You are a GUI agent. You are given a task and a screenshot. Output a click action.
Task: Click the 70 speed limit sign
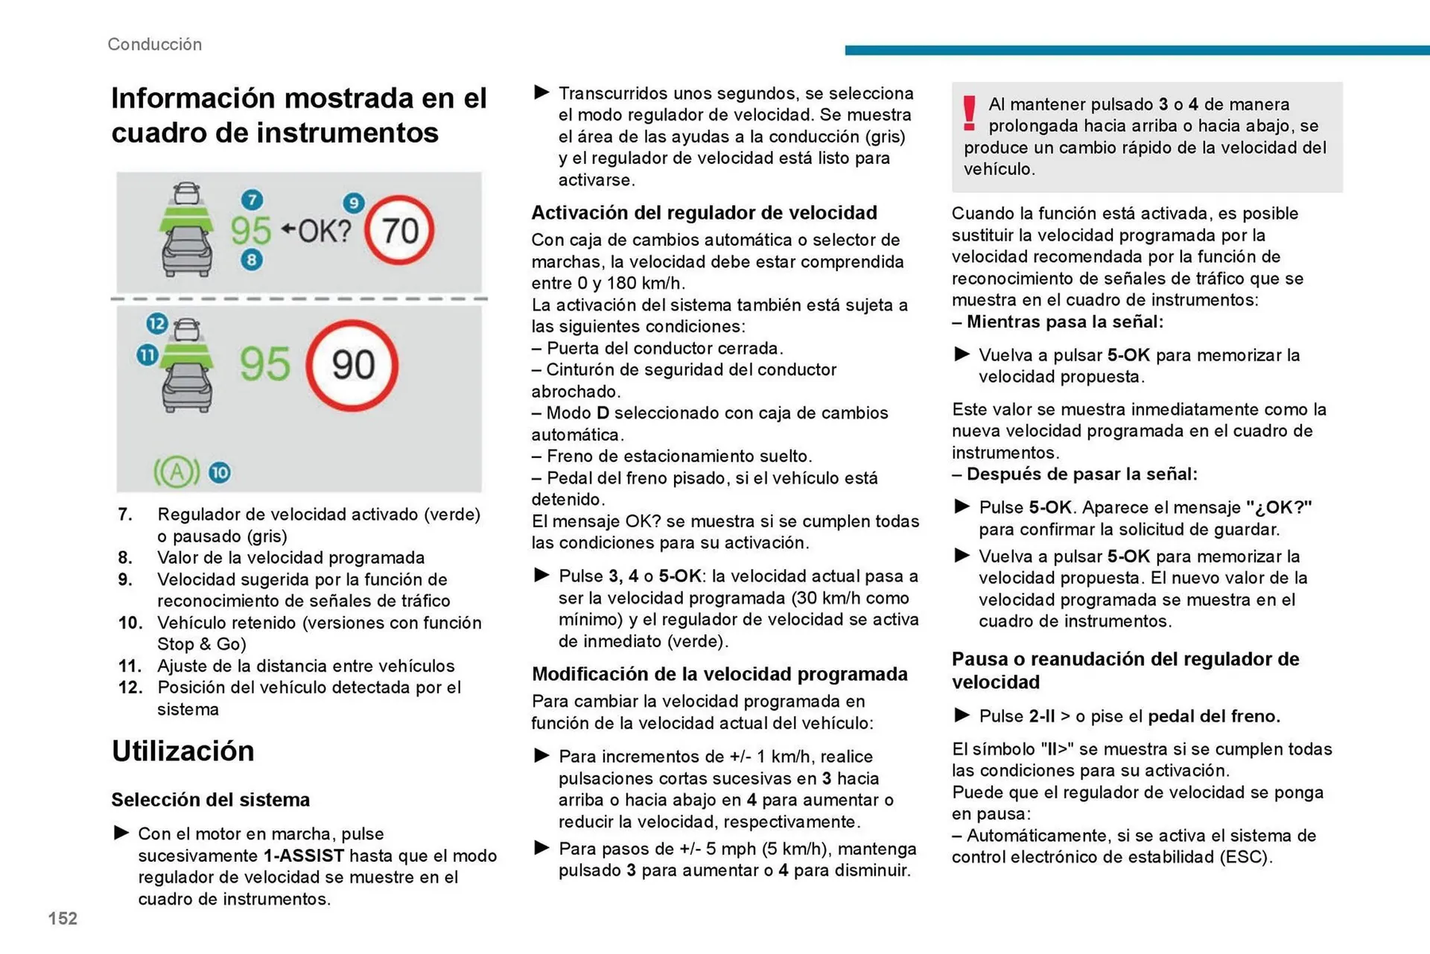tap(400, 230)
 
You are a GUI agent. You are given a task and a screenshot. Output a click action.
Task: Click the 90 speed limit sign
tap(352, 365)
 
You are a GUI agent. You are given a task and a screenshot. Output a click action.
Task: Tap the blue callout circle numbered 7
tap(252, 200)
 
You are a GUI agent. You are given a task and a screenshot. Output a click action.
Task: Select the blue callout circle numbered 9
tap(353, 203)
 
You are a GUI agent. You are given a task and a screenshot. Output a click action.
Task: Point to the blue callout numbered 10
tap(220, 472)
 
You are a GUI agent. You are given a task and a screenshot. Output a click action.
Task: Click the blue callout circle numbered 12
tap(156, 323)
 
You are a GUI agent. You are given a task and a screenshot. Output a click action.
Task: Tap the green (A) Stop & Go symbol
tap(177, 472)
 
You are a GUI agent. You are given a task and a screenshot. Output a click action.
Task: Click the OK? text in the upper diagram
tap(324, 232)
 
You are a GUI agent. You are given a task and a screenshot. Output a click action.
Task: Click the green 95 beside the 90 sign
tap(264, 365)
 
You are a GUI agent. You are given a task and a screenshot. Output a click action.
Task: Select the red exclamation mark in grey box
tap(969, 114)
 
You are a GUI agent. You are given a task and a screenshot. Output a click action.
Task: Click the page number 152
tap(63, 918)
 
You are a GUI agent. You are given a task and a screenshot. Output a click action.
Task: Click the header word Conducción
tap(154, 44)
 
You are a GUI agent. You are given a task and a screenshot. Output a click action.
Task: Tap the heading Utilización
tap(183, 751)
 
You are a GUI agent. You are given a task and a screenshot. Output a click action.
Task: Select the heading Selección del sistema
tap(210, 800)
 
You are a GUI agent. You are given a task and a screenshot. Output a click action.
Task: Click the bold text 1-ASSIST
tap(304, 856)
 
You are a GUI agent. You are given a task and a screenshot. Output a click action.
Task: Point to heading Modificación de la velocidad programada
tap(719, 674)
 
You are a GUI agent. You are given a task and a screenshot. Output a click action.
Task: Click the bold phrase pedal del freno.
tap(1213, 716)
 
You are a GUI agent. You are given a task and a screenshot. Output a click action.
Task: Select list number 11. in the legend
tap(130, 666)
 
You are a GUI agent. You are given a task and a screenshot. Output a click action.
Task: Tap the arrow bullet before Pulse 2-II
tap(962, 716)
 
